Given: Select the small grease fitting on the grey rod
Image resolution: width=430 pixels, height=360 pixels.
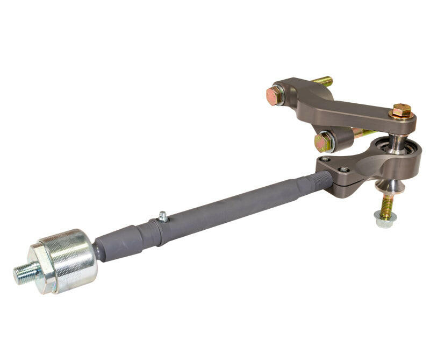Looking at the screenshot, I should tap(162, 217).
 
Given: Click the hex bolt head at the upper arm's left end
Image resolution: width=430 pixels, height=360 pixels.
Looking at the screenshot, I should tap(275, 96).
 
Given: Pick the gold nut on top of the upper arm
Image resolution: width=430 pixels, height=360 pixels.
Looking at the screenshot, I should tap(402, 111).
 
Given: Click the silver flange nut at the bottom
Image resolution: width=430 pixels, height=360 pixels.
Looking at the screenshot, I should tap(385, 218).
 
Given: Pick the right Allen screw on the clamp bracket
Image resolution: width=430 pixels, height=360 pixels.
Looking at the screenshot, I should tap(345, 170).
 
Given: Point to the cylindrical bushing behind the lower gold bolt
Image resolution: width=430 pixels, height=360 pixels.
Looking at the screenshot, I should tap(344, 138).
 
